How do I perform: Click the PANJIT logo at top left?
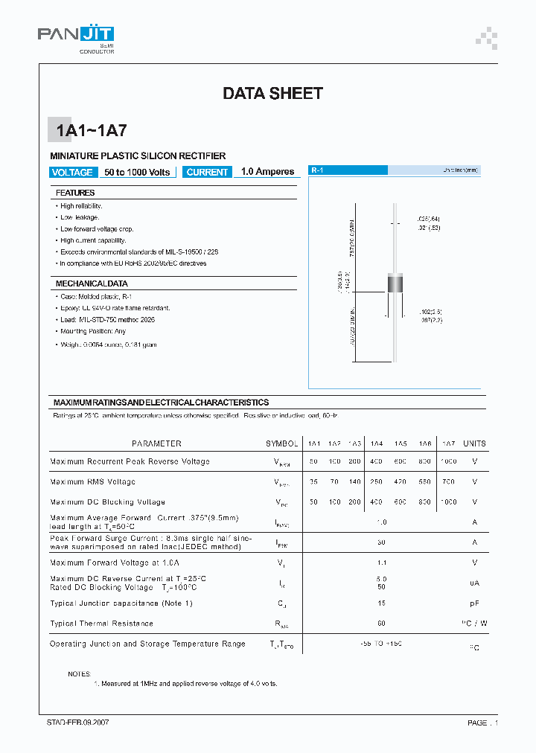75,37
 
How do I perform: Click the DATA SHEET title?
272,94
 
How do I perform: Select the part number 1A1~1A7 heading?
91,131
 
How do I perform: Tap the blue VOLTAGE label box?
72,172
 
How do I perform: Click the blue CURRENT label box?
207,172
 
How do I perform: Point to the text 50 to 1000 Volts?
138,172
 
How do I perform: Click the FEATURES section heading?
75,193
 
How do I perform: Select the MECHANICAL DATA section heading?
92,284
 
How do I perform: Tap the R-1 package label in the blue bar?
317,170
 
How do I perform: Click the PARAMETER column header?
156,443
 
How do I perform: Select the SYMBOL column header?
281,443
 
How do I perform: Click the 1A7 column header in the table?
448,443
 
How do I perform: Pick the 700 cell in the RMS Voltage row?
448,482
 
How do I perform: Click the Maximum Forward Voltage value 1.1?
382,563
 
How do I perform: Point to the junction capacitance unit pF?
474,603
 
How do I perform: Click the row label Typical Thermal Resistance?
101,624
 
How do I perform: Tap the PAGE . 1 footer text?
482,722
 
